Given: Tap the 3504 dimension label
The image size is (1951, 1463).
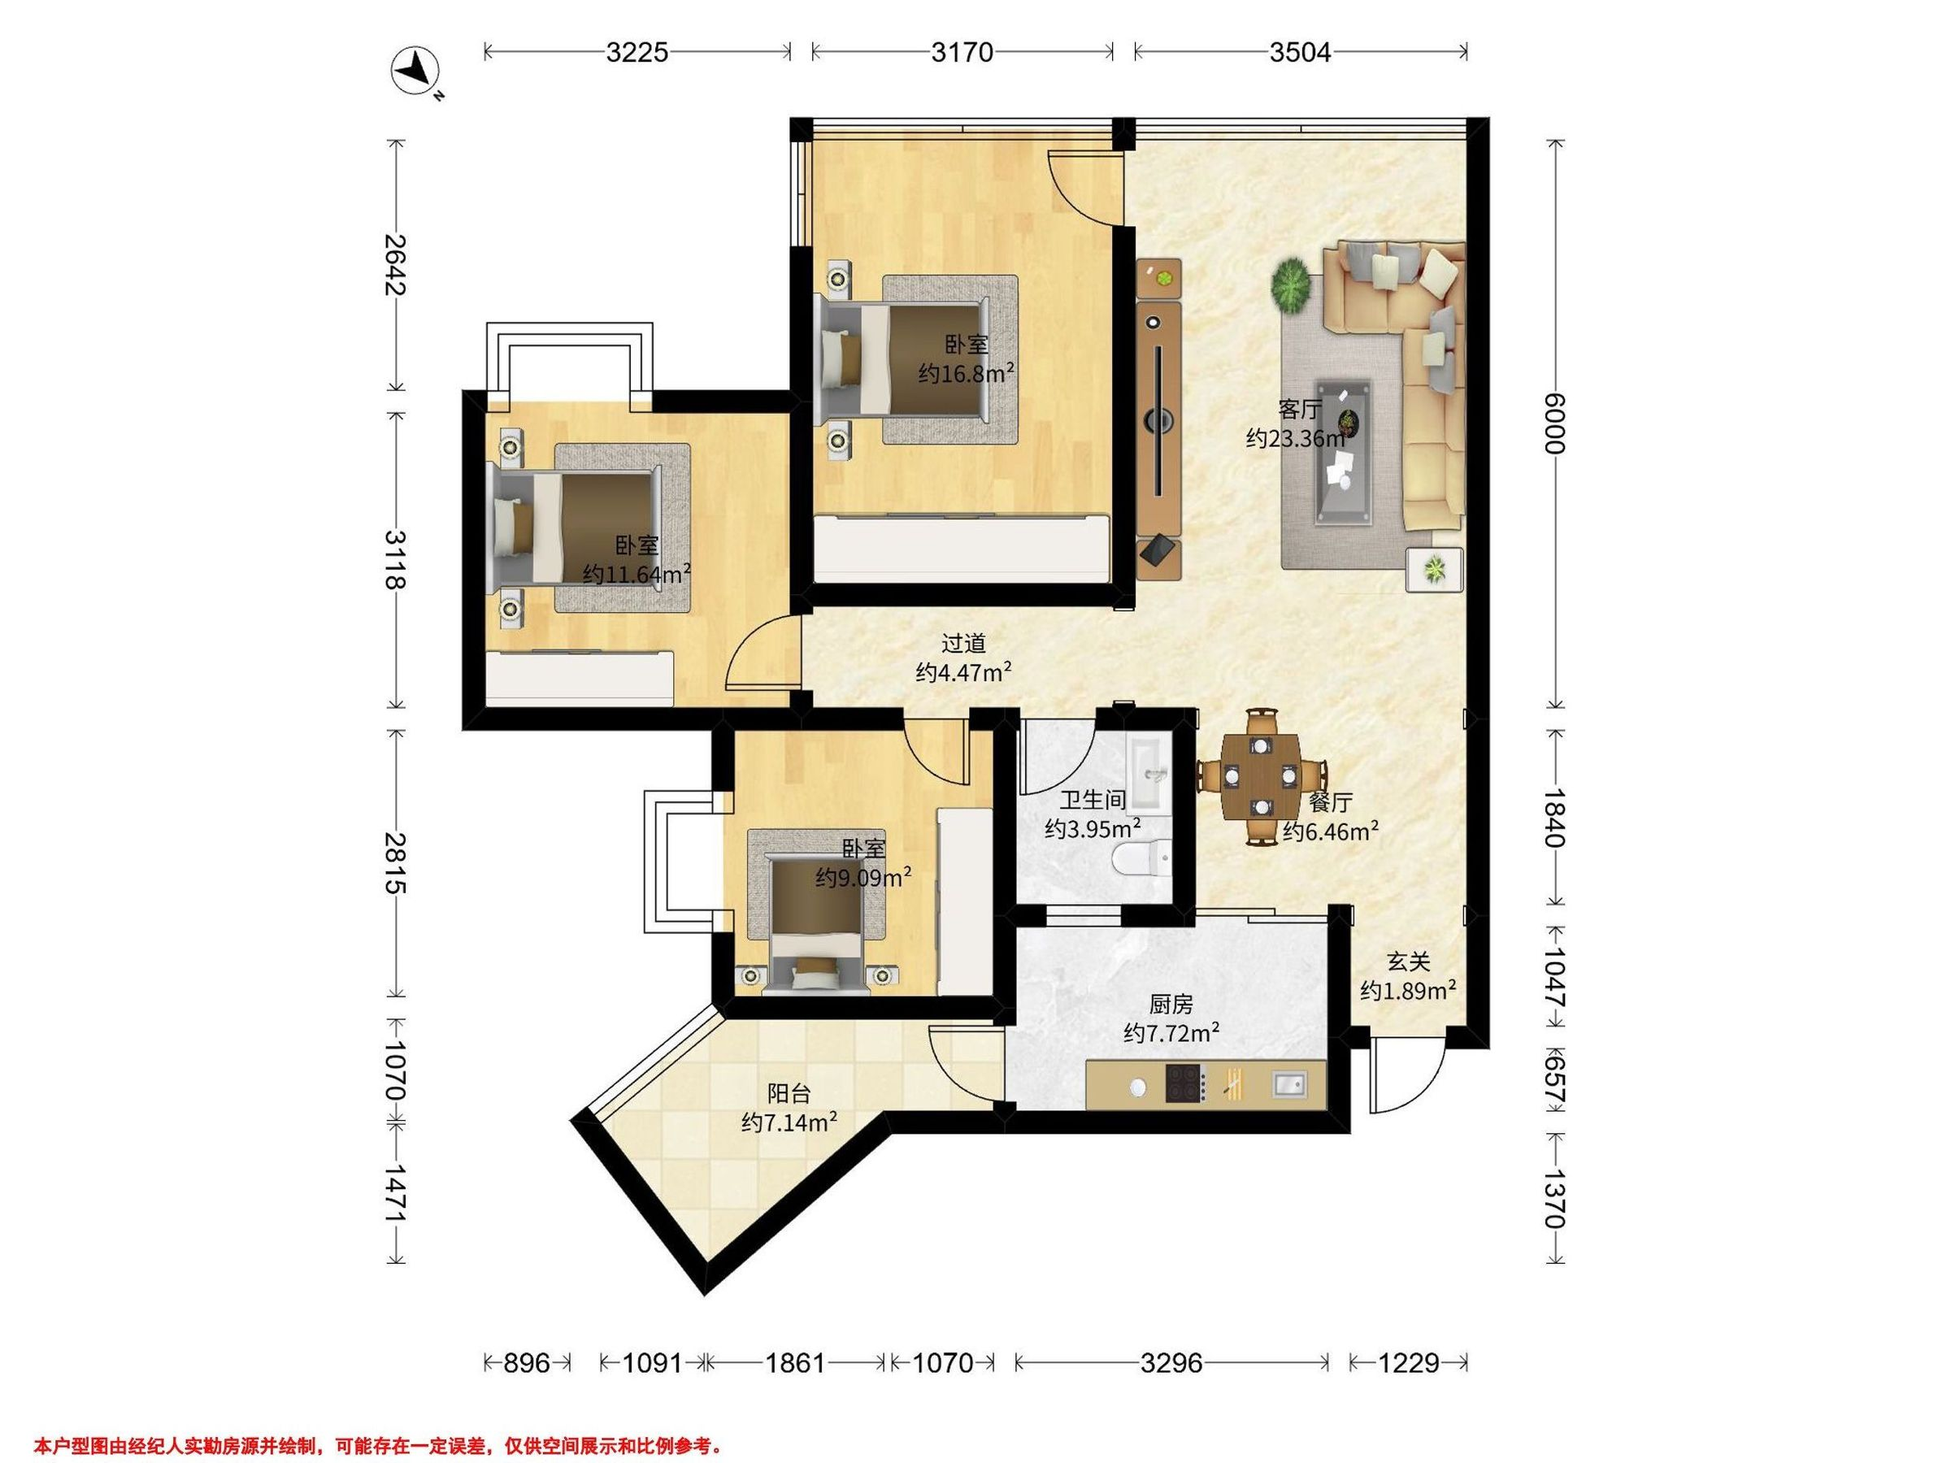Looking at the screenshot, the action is (x=1300, y=53).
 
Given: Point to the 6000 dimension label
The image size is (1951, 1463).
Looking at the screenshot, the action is (x=1554, y=423).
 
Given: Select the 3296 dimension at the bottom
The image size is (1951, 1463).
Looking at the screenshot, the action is (x=1171, y=1363).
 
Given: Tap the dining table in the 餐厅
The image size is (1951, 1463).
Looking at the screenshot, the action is (x=1262, y=777).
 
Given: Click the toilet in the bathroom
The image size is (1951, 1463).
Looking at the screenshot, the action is (x=1142, y=857).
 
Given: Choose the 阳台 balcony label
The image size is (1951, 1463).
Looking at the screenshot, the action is (x=789, y=1094).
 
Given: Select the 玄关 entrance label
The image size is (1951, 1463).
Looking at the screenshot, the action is (x=1408, y=962).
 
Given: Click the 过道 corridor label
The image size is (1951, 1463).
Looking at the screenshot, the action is (x=963, y=644).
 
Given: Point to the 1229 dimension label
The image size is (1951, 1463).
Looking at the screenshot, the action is (x=1409, y=1363).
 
